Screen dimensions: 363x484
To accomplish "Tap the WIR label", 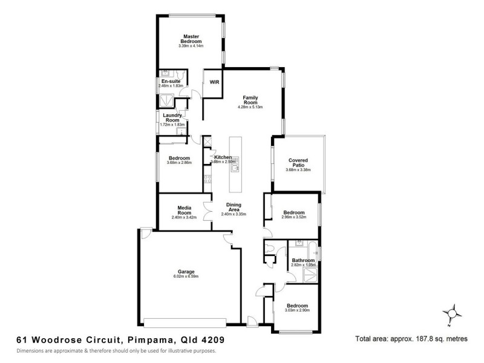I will pyautogui.click(x=214, y=82).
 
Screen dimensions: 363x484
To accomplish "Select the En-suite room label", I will pyautogui.click(x=170, y=81).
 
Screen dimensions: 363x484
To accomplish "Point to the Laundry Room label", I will pyautogui.click(x=172, y=117).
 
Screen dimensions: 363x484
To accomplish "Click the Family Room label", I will pyautogui.click(x=250, y=100).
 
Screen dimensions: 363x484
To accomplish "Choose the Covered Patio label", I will pyautogui.click(x=298, y=163).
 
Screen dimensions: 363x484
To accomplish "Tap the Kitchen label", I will pyautogui.click(x=223, y=157).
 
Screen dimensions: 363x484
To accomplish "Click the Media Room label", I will pyautogui.click(x=185, y=210).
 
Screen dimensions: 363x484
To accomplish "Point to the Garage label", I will pyautogui.click(x=185, y=272).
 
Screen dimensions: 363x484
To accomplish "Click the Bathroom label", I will pyautogui.click(x=303, y=261).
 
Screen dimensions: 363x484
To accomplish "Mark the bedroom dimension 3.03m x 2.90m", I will pyautogui.click(x=297, y=310).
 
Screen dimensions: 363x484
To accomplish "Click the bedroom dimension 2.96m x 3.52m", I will pyautogui.click(x=295, y=218).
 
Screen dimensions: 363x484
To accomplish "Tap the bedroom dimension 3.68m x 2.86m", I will pyautogui.click(x=179, y=163).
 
